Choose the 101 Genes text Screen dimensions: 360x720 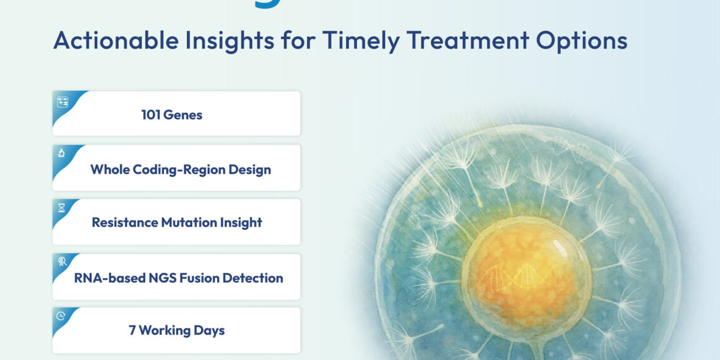171,115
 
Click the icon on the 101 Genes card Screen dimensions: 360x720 63,102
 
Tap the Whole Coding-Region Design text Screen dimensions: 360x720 180,169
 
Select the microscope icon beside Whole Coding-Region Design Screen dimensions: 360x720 62,153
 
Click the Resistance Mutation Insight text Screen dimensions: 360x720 177,223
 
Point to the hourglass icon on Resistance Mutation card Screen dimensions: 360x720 62,208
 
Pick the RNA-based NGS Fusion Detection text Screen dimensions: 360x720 178,278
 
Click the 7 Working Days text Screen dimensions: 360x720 176,331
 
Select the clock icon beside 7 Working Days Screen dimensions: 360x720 61,316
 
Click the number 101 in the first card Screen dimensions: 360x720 152,115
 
